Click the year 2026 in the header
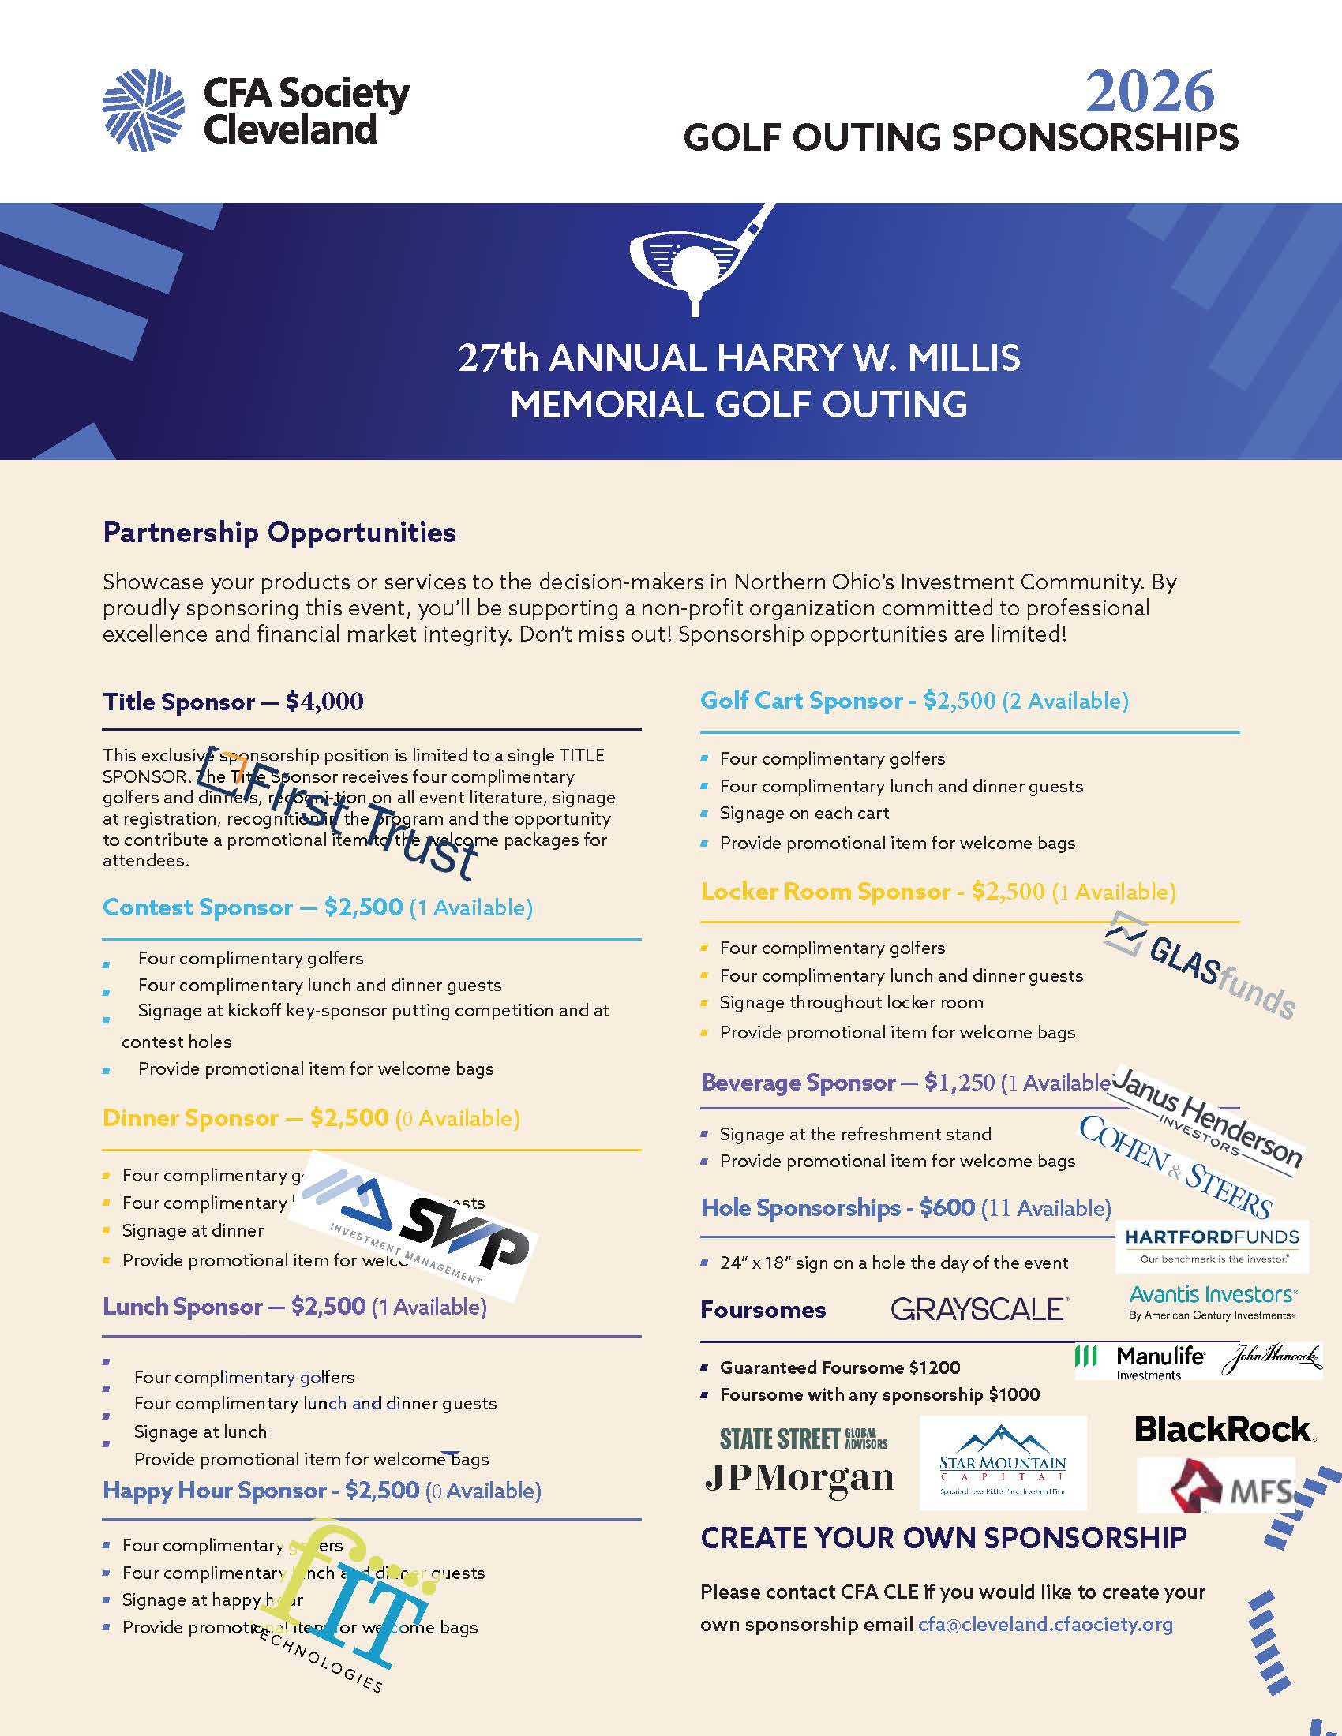coord(1149,92)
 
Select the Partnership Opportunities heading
coord(279,532)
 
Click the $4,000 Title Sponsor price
coord(324,702)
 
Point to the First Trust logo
coord(342,814)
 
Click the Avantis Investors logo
coord(1213,1302)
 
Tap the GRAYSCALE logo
coord(980,1309)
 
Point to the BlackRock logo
coord(1224,1428)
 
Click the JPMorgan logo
coord(799,1478)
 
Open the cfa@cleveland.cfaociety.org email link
coord(1045,1624)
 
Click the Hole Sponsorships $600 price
coord(947,1207)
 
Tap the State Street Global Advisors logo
coord(803,1438)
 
